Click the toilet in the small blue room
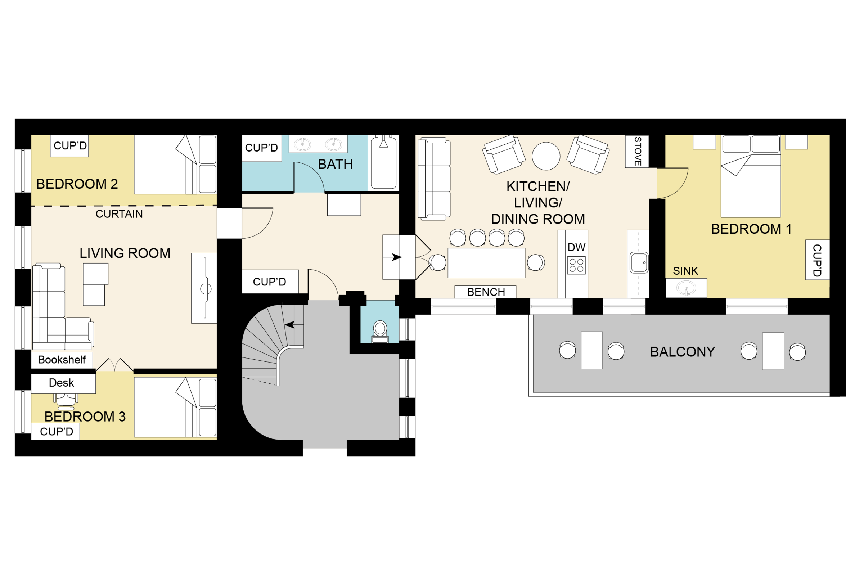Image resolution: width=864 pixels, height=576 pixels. [x=380, y=332]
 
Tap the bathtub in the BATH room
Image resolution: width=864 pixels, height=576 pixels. [x=383, y=162]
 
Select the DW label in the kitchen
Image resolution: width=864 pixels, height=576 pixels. [x=576, y=247]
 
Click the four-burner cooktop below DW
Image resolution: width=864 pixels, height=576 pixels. [x=576, y=265]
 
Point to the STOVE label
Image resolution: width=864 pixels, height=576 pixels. [x=638, y=151]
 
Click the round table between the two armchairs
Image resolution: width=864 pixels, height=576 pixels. [x=546, y=156]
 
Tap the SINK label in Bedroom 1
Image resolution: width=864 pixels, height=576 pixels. [x=685, y=271]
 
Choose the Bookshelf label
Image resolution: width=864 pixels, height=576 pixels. [x=62, y=360]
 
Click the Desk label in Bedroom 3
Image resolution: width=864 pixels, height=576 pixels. [x=61, y=383]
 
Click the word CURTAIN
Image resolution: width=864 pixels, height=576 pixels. [x=119, y=214]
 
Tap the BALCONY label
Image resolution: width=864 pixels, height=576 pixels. [x=683, y=352]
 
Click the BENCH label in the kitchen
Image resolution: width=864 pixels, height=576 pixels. [x=486, y=292]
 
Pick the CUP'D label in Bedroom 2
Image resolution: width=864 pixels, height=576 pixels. [x=70, y=146]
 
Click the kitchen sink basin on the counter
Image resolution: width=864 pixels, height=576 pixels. [x=639, y=262]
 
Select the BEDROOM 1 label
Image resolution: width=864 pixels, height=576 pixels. [x=751, y=229]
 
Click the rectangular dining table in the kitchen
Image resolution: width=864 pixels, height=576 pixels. [x=486, y=263]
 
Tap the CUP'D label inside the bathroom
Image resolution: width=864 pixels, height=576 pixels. [x=262, y=148]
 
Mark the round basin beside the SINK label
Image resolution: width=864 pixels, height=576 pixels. [x=685, y=288]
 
